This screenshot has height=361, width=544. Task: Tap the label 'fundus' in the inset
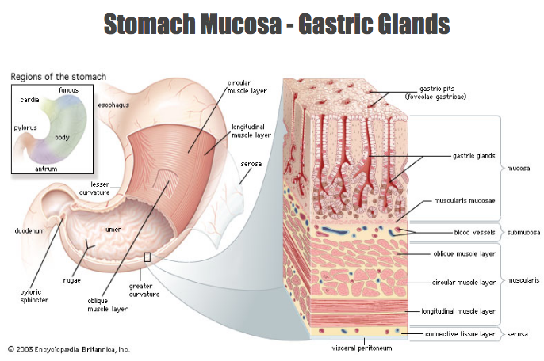point(69,90)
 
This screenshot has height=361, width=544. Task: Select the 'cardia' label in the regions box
point(31,101)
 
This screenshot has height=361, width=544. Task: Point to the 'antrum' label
point(47,168)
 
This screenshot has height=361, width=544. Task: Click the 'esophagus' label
point(116,104)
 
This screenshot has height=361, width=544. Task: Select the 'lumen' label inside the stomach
point(113,230)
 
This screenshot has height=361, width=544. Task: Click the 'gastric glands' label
point(473,156)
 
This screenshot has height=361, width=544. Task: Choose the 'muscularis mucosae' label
point(465,201)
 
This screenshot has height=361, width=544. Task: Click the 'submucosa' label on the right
point(524,233)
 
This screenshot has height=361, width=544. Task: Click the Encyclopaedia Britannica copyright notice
point(69,349)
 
